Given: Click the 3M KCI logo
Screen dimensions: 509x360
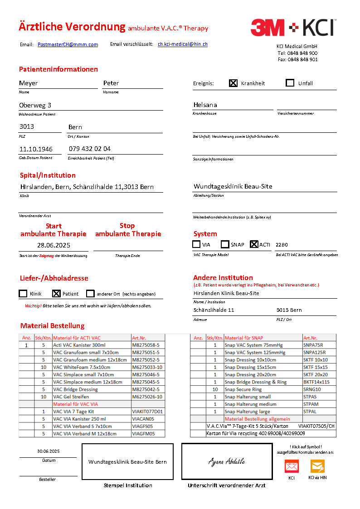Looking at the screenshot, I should click(293, 28).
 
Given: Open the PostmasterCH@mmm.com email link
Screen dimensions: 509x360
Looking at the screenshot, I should click(68, 44).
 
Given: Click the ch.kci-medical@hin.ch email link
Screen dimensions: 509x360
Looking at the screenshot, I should click(183, 44).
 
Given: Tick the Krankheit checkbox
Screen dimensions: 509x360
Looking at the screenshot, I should click(233, 83).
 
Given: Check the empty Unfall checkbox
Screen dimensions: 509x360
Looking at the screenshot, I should click(290, 83).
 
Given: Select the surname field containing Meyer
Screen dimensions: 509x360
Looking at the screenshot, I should click(29, 83).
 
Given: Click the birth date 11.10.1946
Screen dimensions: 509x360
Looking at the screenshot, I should click(36, 149).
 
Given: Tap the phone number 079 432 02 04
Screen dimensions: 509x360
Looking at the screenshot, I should click(90, 149).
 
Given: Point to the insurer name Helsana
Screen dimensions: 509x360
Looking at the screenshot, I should click(205, 105).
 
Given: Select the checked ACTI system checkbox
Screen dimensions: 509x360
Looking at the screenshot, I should click(254, 244).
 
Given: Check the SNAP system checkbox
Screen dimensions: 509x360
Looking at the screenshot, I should click(225, 244).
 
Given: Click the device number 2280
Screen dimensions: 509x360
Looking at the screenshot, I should click(282, 245).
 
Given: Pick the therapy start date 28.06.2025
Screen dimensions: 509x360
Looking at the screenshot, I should click(54, 245).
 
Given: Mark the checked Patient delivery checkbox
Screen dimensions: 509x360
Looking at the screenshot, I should click(56, 294).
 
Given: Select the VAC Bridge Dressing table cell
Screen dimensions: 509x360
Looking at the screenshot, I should click(75, 389).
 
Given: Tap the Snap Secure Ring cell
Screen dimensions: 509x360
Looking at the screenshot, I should click(243, 389).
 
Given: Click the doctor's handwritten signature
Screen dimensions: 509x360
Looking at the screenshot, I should click(227, 461).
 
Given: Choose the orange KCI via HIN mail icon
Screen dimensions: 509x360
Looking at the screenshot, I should click(317, 466).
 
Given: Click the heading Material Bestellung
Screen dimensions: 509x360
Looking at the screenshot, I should click(52, 326).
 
